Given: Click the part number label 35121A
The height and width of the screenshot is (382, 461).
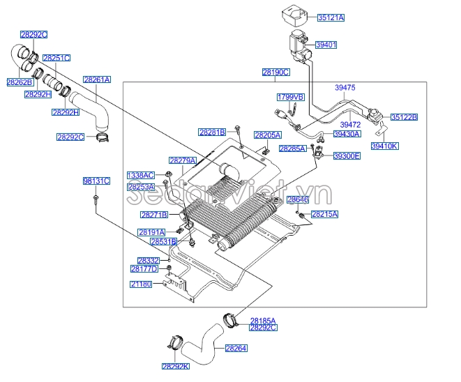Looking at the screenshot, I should point(331,17).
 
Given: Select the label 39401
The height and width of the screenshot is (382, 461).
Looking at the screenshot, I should point(326,45).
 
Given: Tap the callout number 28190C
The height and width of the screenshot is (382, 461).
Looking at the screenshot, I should point(276,72).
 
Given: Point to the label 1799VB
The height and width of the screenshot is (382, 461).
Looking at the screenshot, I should point(291,97).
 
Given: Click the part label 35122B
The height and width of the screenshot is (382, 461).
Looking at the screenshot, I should point(404,117).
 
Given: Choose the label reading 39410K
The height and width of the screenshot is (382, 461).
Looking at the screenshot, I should point(384,146).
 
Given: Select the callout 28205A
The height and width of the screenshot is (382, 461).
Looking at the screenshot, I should point(267,135).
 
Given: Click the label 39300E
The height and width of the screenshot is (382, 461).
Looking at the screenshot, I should point(347,156).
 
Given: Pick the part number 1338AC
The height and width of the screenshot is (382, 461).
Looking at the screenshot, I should point(141,175).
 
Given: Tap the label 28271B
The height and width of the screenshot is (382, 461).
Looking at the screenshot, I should point(154,215).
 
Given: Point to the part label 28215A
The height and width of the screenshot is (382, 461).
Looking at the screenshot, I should point(324,215).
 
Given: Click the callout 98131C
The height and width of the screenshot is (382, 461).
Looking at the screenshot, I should point(96,181).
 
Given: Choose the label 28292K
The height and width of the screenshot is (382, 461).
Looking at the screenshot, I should point(176,366).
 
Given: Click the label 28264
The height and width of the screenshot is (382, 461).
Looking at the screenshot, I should point(236,348).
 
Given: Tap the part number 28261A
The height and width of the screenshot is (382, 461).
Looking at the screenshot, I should point(97,80).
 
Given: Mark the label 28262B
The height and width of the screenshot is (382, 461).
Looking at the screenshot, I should point(20,82).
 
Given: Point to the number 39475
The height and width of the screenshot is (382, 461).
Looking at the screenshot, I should point(345,88).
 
